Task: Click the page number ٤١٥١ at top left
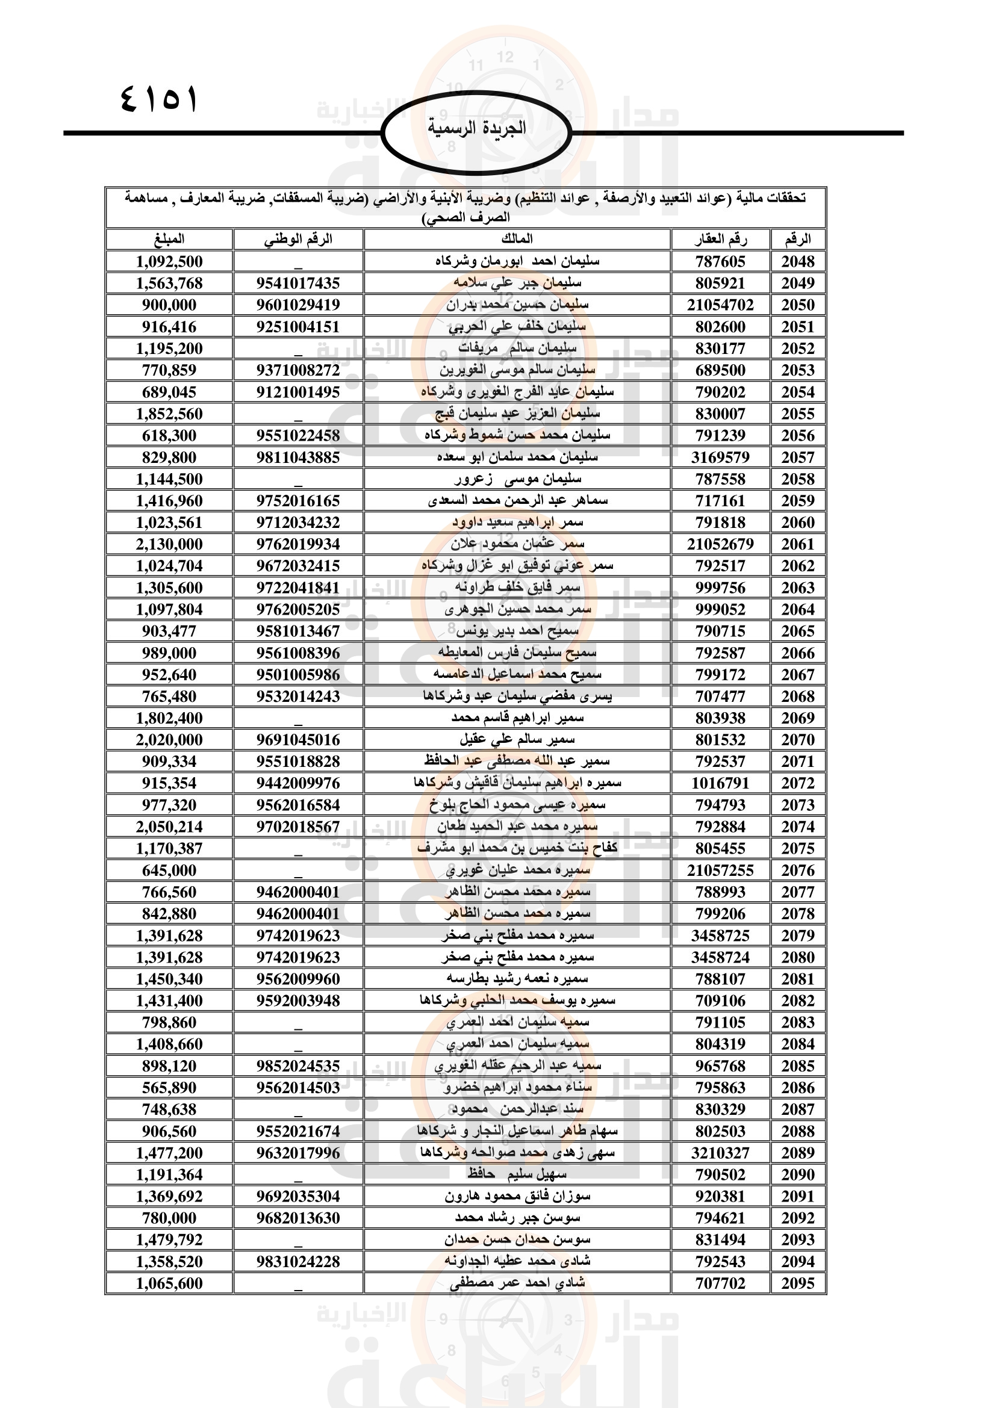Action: coord(159,98)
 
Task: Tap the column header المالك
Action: coord(517,239)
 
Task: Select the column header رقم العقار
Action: coord(720,239)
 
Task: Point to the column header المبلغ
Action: coord(169,239)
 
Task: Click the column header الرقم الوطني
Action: coord(298,239)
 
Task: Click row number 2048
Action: coord(797,261)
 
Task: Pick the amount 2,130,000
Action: coord(169,544)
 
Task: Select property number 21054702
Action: coord(720,305)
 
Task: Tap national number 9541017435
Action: coord(298,284)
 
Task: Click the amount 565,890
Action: coord(169,1088)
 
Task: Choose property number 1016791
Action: coord(720,783)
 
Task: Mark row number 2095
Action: coord(797,1283)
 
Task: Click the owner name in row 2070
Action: coord(517,740)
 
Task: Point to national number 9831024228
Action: coord(298,1262)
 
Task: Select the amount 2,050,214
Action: coord(169,827)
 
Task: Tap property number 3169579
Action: coord(720,457)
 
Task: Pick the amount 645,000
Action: coord(169,870)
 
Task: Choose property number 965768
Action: coord(720,1066)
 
